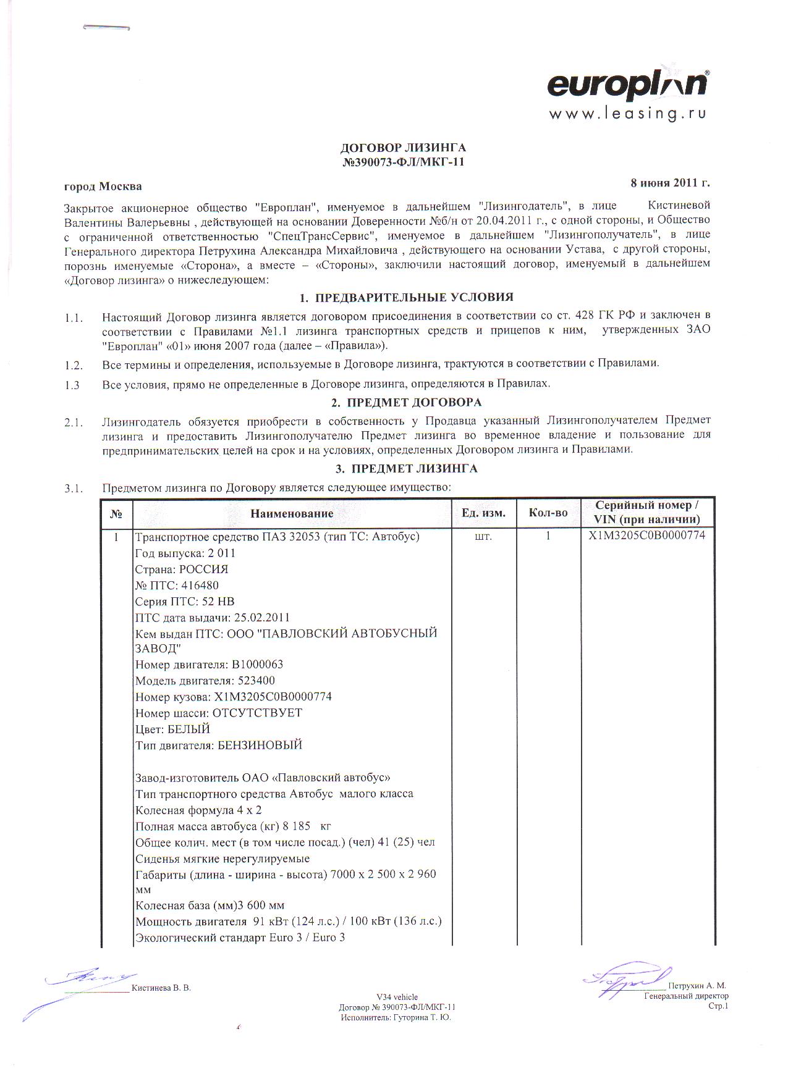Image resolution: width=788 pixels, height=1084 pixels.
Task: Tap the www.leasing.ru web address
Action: (x=627, y=114)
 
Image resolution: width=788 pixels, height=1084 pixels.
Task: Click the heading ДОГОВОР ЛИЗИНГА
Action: (x=403, y=148)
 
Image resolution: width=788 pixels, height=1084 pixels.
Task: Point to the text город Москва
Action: (x=103, y=187)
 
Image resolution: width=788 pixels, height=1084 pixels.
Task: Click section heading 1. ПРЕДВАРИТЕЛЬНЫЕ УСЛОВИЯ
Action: (x=406, y=298)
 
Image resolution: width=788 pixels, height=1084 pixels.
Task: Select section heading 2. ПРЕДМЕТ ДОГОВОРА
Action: (x=406, y=403)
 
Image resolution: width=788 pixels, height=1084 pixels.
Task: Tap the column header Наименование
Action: (x=292, y=513)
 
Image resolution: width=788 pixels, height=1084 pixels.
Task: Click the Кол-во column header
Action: (x=548, y=513)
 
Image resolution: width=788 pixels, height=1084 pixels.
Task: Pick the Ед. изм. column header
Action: (x=483, y=513)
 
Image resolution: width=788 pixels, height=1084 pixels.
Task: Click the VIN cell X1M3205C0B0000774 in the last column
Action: (x=647, y=536)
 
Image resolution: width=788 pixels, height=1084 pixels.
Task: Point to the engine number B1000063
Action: (x=257, y=665)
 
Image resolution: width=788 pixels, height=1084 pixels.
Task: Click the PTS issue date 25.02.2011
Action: (x=261, y=618)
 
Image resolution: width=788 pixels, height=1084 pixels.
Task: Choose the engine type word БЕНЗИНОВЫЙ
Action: (x=260, y=745)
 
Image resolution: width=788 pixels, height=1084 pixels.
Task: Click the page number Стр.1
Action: (x=718, y=1006)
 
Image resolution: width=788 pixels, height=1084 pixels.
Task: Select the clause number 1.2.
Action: (x=74, y=363)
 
